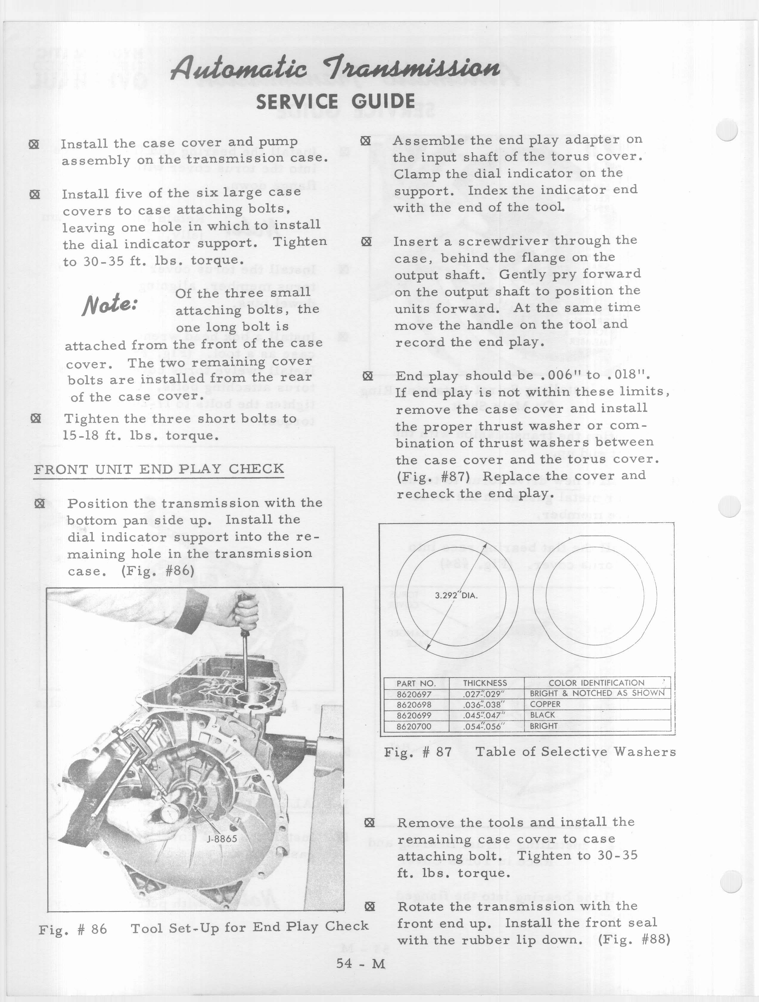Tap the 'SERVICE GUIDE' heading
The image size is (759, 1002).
(x=335, y=101)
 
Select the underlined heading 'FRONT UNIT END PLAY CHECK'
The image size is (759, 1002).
(x=159, y=469)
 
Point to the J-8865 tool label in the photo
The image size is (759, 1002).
(x=222, y=839)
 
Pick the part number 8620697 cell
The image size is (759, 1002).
(x=414, y=694)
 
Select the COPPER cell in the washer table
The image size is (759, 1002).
(x=545, y=704)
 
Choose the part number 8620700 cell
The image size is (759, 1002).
(x=414, y=726)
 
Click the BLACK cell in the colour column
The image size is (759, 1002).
(x=543, y=715)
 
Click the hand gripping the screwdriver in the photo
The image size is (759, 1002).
(x=242, y=614)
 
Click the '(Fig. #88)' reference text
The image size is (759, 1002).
(x=634, y=939)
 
